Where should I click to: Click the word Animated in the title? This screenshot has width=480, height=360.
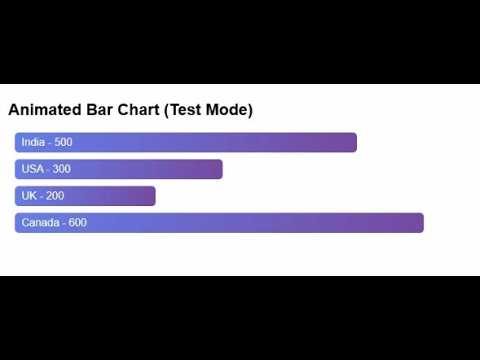[44, 109]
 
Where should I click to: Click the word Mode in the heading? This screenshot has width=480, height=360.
[231, 109]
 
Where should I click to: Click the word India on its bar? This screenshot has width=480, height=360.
[33, 143]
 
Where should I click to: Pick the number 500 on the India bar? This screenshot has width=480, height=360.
[63, 143]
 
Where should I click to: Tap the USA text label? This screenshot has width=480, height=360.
[33, 169]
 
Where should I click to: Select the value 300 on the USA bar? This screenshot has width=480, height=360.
[62, 169]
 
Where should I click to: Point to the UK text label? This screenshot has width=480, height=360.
[29, 196]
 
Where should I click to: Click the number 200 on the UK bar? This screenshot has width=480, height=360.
[55, 196]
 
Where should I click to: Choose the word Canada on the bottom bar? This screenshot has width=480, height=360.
[39, 222]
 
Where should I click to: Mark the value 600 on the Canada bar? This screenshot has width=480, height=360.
[76, 222]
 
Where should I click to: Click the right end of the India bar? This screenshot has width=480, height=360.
[353, 143]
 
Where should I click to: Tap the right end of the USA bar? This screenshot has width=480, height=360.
[219, 169]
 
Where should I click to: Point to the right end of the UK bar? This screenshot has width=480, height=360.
[152, 196]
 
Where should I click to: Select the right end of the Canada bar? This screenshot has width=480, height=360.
[420, 222]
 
